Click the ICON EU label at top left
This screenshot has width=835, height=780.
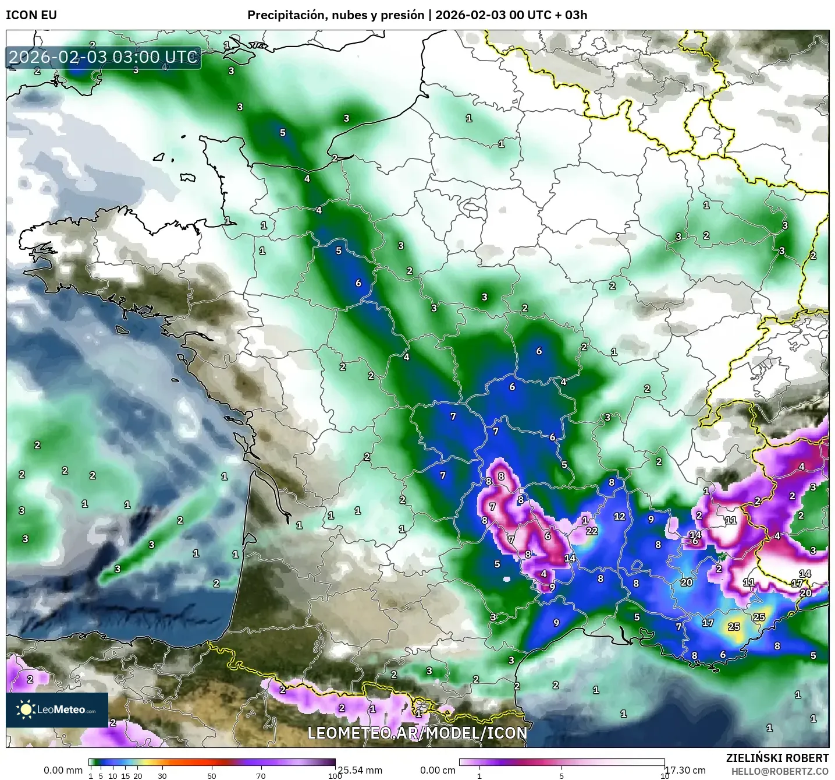31,15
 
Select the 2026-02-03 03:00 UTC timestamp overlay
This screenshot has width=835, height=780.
104,58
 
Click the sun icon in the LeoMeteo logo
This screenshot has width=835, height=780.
26,709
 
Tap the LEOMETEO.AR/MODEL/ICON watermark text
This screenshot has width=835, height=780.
417,733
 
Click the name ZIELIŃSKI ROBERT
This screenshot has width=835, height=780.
777,758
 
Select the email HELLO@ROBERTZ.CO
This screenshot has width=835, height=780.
780,771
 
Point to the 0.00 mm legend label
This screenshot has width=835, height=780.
63,770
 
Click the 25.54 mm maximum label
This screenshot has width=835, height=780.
360,770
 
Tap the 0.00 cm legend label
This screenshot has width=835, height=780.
438,770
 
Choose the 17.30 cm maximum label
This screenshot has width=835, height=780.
685,770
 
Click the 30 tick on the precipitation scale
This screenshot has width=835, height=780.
162,775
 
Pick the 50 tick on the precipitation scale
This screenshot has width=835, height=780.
212,775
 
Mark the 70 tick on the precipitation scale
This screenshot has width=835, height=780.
261,775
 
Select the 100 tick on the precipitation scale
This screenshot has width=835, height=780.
335,775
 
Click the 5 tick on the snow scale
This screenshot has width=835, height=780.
562,775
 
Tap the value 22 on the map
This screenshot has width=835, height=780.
592,531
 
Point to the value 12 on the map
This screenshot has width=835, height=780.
620,516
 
